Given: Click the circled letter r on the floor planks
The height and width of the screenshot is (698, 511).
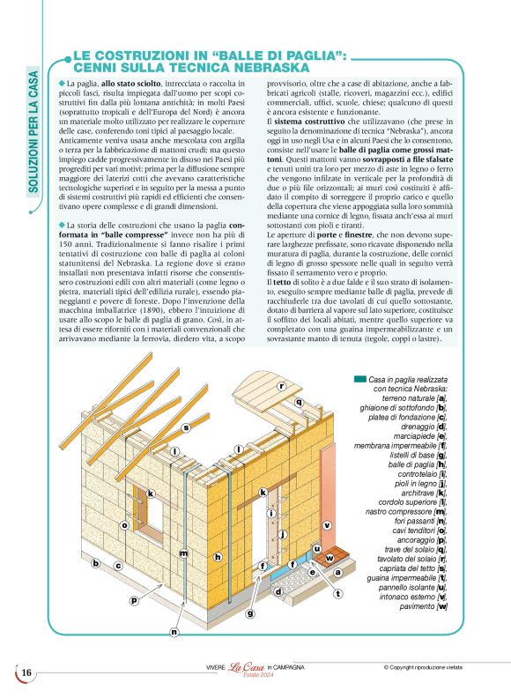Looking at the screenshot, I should (282, 386).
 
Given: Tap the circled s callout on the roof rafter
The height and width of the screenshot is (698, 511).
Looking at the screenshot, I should (186, 427).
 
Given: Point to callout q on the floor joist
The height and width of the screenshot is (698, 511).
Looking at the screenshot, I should (299, 402).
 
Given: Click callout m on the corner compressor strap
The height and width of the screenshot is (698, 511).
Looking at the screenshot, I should (183, 553).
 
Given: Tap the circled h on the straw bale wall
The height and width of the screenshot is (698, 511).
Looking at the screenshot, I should (217, 556).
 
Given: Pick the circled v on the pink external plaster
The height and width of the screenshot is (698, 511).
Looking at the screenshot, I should (327, 524).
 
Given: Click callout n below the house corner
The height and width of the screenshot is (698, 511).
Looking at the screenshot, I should (174, 631).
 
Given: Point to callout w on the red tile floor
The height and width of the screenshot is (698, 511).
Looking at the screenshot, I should (330, 558).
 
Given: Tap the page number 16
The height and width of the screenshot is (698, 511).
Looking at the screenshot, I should (26, 673).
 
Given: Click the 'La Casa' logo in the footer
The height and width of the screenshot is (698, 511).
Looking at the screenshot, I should (248, 668).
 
